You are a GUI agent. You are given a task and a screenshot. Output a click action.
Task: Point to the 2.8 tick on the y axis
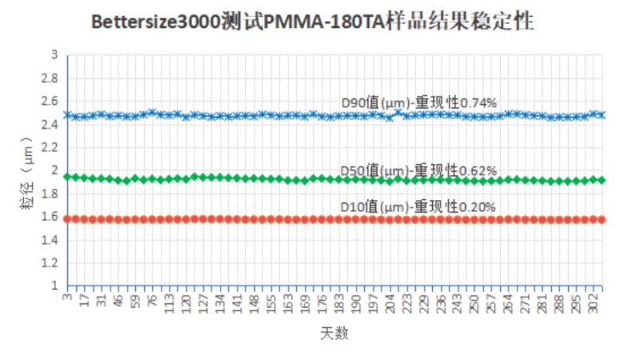pos(53,78)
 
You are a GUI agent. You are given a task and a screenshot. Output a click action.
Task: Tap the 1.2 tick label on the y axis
pos(53,262)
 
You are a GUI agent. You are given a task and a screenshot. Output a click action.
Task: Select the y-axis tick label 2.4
pos(53,124)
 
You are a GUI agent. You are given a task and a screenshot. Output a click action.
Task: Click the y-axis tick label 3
pos(55,54)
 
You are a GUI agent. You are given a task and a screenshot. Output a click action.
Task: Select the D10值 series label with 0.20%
pos(418,206)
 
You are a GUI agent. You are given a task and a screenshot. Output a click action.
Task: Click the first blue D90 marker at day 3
pos(68,115)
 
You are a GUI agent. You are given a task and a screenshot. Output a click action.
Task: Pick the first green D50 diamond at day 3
pos(68,177)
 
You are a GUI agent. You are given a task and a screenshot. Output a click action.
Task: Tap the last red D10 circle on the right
pos(602,218)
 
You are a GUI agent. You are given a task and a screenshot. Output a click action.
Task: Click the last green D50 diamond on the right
pos(602,180)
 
